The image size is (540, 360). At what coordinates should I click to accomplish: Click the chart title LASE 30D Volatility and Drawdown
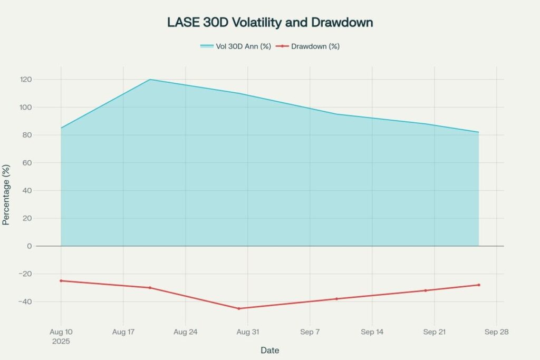[x=270, y=23]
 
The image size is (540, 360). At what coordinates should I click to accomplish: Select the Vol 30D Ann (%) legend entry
[x=236, y=46]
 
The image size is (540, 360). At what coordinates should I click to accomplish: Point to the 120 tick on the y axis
[x=26, y=80]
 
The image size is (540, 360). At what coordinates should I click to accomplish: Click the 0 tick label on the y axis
[x=30, y=246]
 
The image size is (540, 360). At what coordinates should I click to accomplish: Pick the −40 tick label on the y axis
[x=24, y=302]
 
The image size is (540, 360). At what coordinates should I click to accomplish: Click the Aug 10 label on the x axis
[x=61, y=332]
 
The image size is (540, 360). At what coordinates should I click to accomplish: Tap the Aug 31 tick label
[x=247, y=332]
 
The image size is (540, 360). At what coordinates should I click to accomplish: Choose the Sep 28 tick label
[x=496, y=332]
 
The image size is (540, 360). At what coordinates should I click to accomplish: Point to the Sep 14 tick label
[x=372, y=332]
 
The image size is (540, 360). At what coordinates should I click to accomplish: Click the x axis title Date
[x=270, y=351]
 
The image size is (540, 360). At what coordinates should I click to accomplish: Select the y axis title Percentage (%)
[x=6, y=195]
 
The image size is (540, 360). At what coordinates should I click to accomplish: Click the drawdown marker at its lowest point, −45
[x=238, y=308]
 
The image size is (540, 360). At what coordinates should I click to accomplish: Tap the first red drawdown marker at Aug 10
[x=61, y=281]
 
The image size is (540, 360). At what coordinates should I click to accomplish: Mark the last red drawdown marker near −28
[x=478, y=285]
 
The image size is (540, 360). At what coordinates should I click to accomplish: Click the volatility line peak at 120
[x=150, y=80]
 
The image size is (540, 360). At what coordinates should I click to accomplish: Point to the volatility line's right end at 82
[x=478, y=132]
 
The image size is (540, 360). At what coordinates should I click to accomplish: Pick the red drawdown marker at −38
[x=336, y=299]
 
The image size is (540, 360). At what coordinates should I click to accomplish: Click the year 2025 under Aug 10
[x=61, y=341]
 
